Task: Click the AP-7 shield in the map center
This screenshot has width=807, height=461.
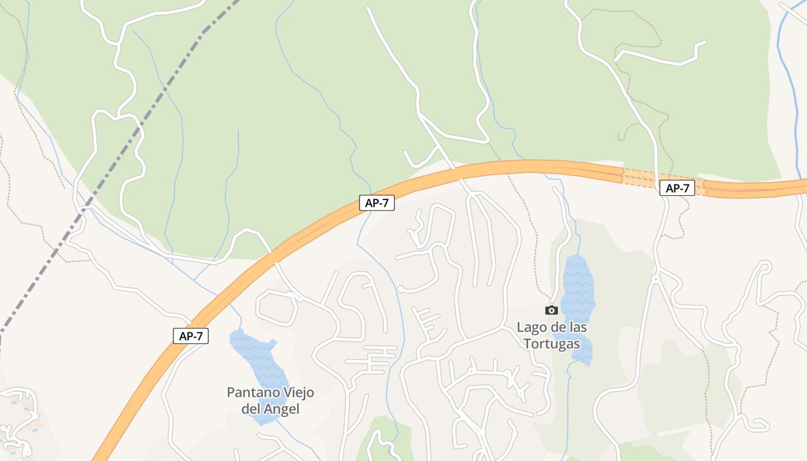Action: click(376, 203)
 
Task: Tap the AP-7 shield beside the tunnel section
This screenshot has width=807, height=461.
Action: click(677, 188)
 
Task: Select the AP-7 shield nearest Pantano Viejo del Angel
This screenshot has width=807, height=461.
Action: click(190, 336)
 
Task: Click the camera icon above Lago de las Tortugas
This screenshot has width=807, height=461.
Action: click(552, 310)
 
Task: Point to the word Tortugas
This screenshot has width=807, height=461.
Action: click(552, 344)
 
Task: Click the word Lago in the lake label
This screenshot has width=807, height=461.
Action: click(530, 327)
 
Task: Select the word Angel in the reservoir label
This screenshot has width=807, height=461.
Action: click(282, 409)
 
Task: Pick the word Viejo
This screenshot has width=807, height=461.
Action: click(295, 393)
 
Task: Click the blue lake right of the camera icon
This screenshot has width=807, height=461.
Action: click(578, 288)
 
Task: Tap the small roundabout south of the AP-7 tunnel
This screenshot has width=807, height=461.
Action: click(655, 279)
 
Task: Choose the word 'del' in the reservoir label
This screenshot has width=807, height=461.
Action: click(251, 409)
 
